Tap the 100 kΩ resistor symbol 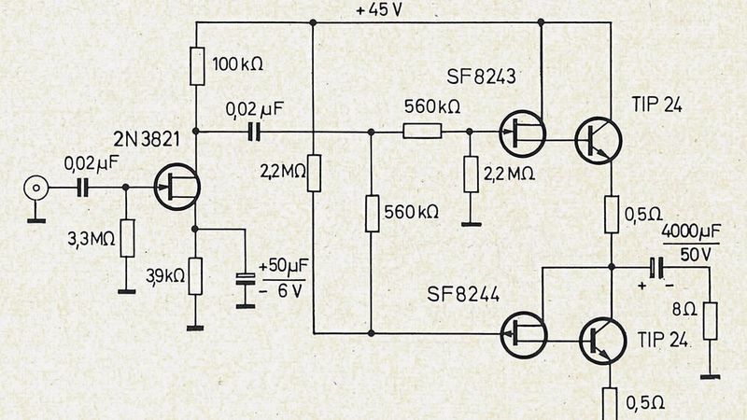coord(197,65)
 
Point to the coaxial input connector coord(36,189)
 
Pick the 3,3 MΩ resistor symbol coord(127,238)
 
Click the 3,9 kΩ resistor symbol coord(196,275)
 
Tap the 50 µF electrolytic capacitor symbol coord(245,280)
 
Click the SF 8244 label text coord(463,295)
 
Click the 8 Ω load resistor coord(711,320)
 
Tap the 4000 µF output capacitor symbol coord(658,268)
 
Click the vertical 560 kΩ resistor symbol coord(371,213)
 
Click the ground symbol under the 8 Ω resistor coord(711,375)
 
